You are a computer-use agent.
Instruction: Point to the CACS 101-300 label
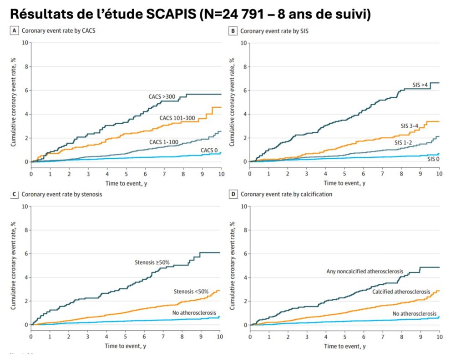177,118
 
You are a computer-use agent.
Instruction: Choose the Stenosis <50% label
190,291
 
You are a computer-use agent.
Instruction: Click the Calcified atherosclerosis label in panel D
401,291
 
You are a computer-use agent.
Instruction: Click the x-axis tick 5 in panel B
344,174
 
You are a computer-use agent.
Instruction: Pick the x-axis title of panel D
344,347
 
